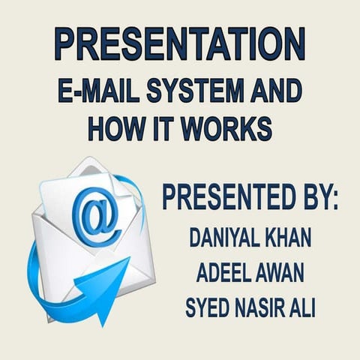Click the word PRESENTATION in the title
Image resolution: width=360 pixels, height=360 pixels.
[180, 43]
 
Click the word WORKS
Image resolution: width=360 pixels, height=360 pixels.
[229, 127]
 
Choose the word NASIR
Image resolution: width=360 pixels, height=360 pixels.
[259, 307]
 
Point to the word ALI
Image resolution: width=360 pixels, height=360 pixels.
[304, 307]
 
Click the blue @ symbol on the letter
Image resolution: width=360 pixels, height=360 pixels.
[97, 217]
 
